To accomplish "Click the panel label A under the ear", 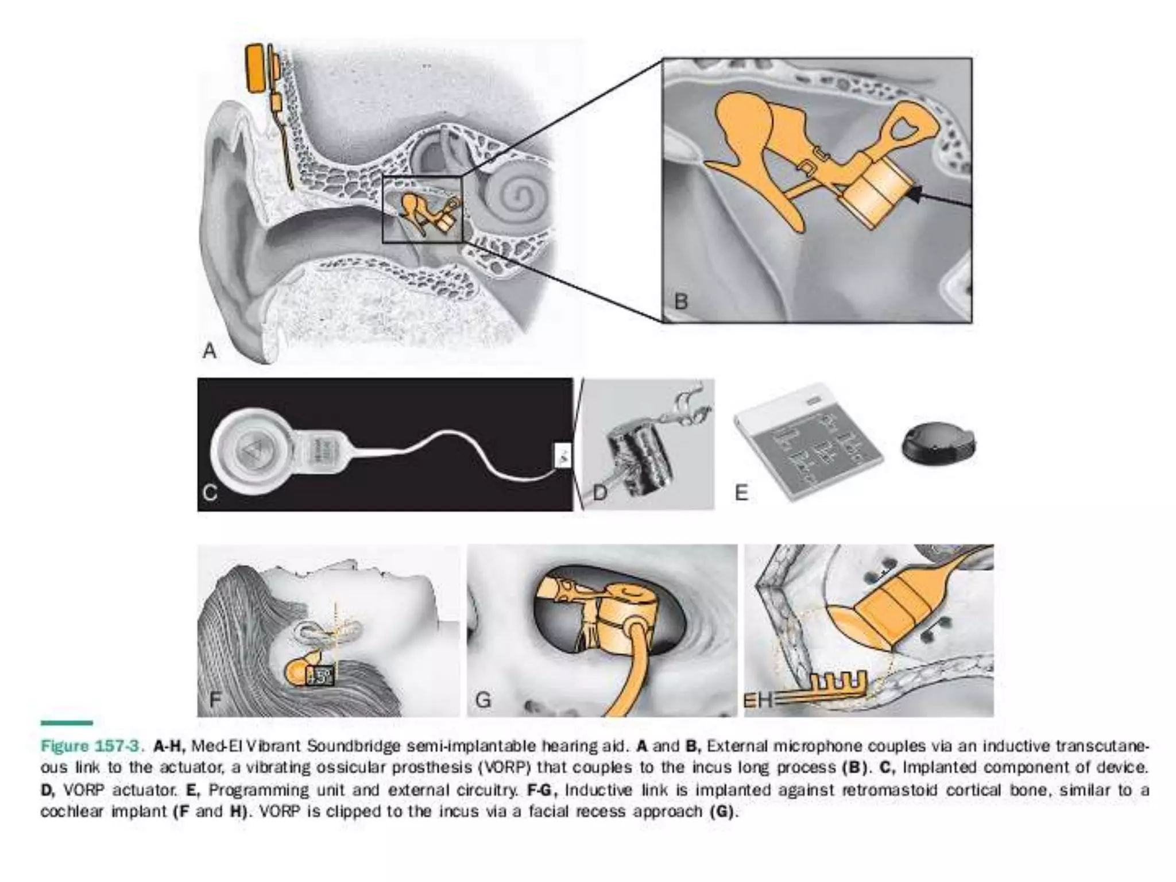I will (210, 350).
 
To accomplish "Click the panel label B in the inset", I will (681, 301).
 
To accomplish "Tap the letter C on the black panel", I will (210, 493).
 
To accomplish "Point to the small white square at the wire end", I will (563, 455).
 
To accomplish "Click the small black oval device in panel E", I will (938, 444).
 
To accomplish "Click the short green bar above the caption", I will (67, 723).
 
